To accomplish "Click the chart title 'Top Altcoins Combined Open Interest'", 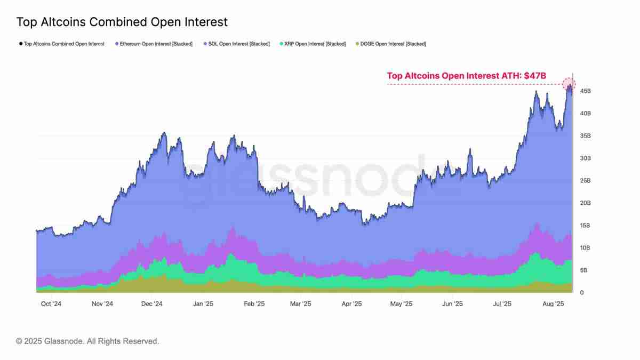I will [x=122, y=22].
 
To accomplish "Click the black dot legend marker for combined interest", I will [x=20, y=44].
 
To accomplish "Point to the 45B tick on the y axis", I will [x=585, y=91].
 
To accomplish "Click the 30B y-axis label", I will [x=585, y=158].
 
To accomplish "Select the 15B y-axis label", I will [x=585, y=226].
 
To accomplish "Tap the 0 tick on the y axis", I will [x=582, y=293].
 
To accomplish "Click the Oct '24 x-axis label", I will [x=52, y=304].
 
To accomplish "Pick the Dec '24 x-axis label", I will [x=152, y=304].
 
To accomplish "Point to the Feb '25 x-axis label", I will [x=254, y=304].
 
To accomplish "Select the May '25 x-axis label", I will [x=401, y=304].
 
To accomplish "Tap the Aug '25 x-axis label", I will [x=554, y=304].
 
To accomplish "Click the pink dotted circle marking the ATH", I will [x=569, y=84].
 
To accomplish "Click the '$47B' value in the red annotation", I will [x=535, y=76].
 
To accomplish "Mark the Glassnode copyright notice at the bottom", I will [x=87, y=341].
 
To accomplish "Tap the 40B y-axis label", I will [x=585, y=114].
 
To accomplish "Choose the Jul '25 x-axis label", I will [x=502, y=304].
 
